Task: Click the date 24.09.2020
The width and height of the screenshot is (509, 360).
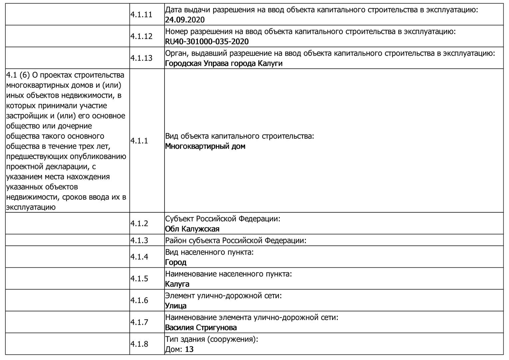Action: click(x=185, y=20)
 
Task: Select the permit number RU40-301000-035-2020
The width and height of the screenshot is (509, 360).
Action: click(x=207, y=42)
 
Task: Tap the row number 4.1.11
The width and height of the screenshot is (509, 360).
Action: click(x=141, y=15)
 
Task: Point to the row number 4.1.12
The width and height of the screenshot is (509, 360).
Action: click(x=141, y=36)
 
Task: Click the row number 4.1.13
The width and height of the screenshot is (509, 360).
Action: click(x=141, y=58)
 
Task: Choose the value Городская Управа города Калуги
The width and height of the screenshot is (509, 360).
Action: click(x=224, y=63)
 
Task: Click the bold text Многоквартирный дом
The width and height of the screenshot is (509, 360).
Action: click(x=205, y=146)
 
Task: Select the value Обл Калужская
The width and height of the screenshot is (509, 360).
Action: click(x=192, y=229)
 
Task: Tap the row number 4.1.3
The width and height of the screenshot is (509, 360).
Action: click(x=139, y=240)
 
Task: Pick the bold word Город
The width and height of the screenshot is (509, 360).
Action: click(x=176, y=262)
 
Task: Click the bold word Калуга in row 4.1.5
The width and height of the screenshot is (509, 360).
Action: click(x=177, y=284)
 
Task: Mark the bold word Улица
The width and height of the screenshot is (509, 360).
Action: click(x=176, y=306)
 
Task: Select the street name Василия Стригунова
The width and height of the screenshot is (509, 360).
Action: click(x=201, y=328)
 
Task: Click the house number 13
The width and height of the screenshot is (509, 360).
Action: click(x=189, y=349)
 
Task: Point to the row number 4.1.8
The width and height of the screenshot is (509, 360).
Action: click(x=139, y=344)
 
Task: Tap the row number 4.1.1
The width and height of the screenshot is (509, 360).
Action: click(x=139, y=141)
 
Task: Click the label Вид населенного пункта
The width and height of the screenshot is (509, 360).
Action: click(x=209, y=252)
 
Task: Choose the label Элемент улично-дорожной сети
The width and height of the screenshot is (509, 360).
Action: click(x=223, y=296)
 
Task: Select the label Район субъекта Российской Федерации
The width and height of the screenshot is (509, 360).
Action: click(x=236, y=240)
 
